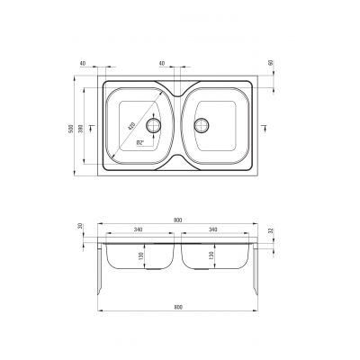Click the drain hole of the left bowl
pos(153,126)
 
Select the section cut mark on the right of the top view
pos(263,127)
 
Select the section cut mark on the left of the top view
pos(97,127)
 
